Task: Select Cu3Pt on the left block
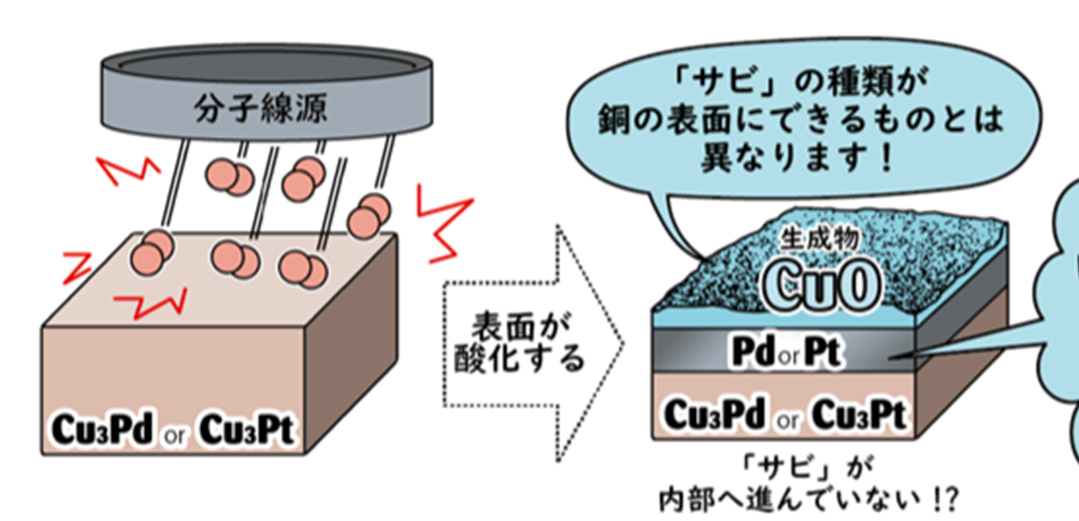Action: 248,428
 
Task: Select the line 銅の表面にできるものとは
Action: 802,121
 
